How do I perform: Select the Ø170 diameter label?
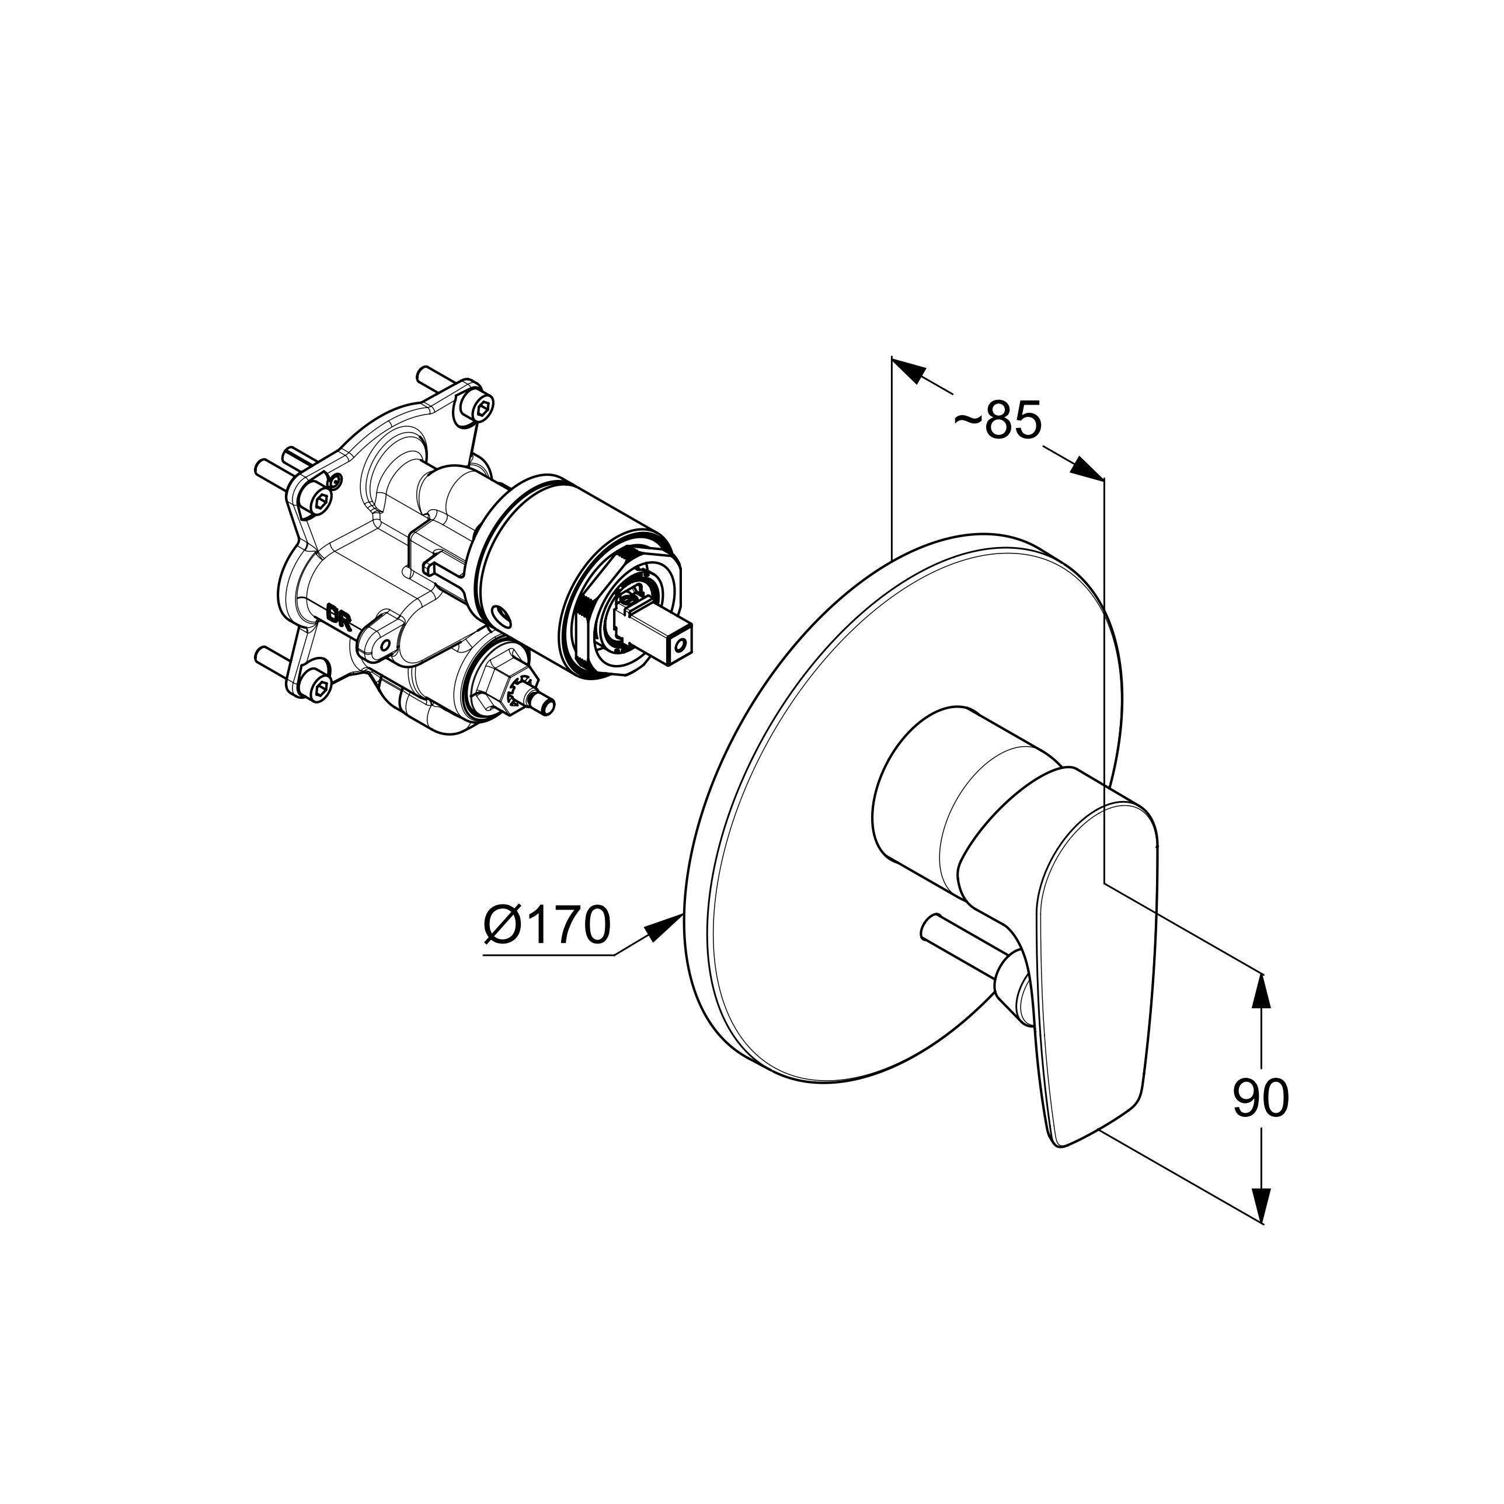pos(546,925)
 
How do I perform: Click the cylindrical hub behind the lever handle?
pos(927,786)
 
